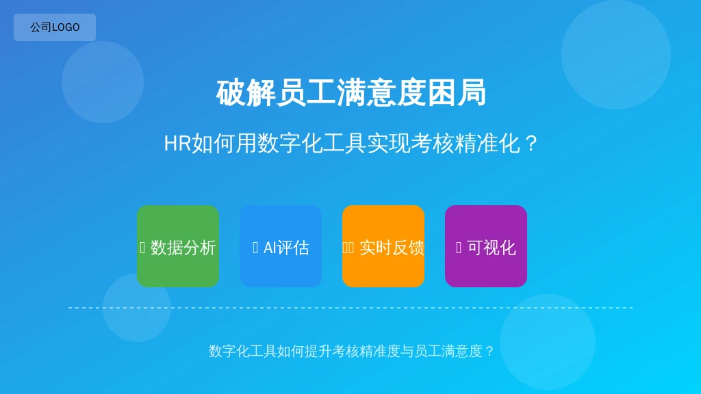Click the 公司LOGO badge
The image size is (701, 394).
coord(55,27)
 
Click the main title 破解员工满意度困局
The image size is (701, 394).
coord(351,93)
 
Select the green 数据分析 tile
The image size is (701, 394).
coord(178,246)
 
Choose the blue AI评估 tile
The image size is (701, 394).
coord(281,246)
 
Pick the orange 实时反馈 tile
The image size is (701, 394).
coord(383,246)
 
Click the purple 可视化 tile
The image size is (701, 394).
coord(486,246)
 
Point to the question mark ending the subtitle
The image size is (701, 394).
coord(531,144)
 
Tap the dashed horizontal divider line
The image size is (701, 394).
coord(350,308)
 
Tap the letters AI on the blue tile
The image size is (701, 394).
coord(269,248)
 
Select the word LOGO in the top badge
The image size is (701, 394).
coord(66,27)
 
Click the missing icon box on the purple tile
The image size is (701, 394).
coord(458,248)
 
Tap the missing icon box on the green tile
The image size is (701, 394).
coord(142,248)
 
